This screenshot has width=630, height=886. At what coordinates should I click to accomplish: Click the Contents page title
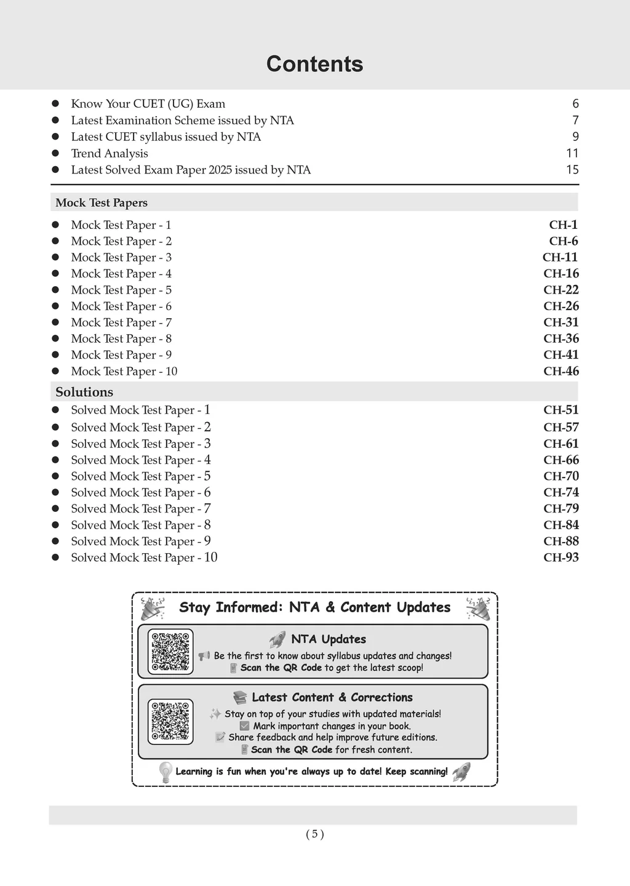(314, 64)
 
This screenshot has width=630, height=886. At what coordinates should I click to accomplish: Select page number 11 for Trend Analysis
(572, 153)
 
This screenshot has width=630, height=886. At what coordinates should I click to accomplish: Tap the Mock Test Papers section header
(102, 202)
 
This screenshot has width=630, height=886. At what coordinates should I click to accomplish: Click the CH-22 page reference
(560, 290)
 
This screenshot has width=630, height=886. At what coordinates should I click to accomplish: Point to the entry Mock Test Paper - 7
(121, 322)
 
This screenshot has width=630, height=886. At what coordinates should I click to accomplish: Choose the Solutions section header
(84, 392)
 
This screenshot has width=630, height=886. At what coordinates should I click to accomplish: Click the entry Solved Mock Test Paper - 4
(140, 460)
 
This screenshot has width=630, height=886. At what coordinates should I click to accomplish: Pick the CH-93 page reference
(560, 557)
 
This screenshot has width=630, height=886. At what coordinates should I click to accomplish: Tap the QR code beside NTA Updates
(170, 652)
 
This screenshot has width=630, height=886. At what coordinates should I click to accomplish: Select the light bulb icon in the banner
(165, 772)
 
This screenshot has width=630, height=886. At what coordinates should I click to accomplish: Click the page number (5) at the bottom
(314, 834)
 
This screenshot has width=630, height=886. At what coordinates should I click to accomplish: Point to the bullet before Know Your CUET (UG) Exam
(55, 104)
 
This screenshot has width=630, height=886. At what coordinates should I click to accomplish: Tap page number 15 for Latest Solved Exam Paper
(572, 170)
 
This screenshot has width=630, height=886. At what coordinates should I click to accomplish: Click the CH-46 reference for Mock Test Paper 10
(560, 371)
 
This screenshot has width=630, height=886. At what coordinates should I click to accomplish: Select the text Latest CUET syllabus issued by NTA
(165, 137)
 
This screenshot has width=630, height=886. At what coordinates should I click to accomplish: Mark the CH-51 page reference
(560, 410)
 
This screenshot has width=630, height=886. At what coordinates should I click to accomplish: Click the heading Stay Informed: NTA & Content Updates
(314, 607)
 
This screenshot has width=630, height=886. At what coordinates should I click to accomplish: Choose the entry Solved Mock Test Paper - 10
(144, 557)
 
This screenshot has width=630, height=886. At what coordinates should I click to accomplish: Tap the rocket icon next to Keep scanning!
(461, 772)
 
